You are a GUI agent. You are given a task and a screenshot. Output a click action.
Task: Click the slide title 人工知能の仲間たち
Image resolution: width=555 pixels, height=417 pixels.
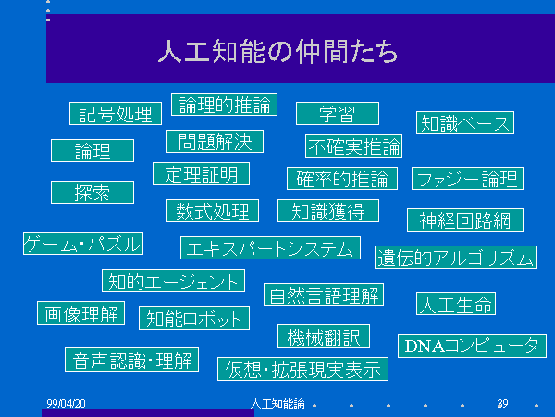pos(277,51)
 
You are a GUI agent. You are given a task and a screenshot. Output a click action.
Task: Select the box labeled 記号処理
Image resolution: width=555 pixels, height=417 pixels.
pos(116,113)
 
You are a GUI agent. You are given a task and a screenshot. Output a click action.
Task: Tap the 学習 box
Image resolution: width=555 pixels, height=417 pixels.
pos(338,113)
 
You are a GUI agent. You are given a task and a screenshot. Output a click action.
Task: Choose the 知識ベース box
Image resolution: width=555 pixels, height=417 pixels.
pos(465,123)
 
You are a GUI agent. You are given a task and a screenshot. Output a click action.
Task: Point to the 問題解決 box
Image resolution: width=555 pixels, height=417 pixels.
pos(215,142)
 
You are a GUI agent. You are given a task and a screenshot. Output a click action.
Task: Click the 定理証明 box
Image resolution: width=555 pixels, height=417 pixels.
pos(201,174)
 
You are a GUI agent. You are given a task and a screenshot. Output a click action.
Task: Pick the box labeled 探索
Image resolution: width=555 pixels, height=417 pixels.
pos(92,192)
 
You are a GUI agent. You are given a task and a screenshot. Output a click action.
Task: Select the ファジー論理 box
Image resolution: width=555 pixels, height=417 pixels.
pos(467,178)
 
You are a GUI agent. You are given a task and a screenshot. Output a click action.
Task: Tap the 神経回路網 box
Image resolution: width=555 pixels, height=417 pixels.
pos(465,221)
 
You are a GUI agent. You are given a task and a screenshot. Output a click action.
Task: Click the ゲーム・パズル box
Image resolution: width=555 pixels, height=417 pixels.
pos(83,243)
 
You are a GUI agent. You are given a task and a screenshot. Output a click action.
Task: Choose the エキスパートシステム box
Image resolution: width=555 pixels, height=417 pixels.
pos(270,247)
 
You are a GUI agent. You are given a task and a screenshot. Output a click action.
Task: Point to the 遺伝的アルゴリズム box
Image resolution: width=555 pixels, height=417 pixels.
pos(456,257)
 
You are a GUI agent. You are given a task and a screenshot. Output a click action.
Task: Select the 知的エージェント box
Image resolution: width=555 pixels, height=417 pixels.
pos(174,281)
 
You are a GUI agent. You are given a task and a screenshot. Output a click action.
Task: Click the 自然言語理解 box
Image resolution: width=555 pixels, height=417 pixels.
pos(324,295)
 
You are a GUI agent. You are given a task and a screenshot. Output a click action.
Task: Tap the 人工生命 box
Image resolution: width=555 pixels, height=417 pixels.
pos(456,304)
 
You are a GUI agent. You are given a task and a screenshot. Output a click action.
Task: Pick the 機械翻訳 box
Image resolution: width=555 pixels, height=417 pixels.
pos(324,336)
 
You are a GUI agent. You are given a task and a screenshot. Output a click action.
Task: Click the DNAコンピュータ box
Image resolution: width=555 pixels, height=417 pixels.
pos(472,346)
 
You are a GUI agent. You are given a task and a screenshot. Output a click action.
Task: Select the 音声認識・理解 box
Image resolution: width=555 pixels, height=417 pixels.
pos(131,360)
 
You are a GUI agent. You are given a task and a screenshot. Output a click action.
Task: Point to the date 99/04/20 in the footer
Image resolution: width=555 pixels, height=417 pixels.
pos(67,403)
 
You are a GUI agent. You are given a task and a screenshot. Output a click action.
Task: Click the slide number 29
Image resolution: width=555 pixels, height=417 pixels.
pos(502,403)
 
